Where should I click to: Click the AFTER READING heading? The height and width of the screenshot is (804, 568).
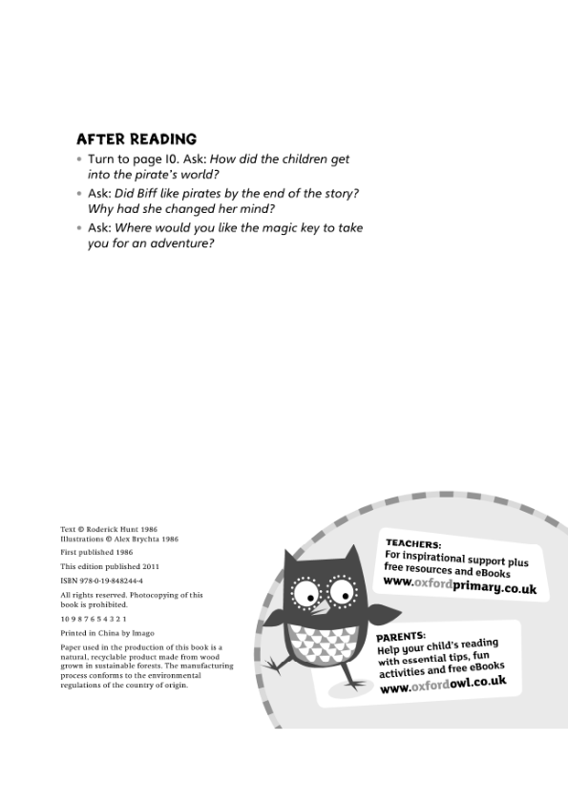[x=137, y=139]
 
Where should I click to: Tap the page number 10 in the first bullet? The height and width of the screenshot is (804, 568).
[x=164, y=159]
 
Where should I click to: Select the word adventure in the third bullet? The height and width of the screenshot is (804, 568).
[x=178, y=243]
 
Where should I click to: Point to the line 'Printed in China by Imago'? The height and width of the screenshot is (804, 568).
[x=107, y=633]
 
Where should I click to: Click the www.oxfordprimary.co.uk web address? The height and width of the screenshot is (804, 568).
[x=459, y=584]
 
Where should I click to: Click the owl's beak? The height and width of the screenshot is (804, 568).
[x=324, y=607]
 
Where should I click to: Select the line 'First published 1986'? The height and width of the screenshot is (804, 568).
[x=96, y=552]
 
